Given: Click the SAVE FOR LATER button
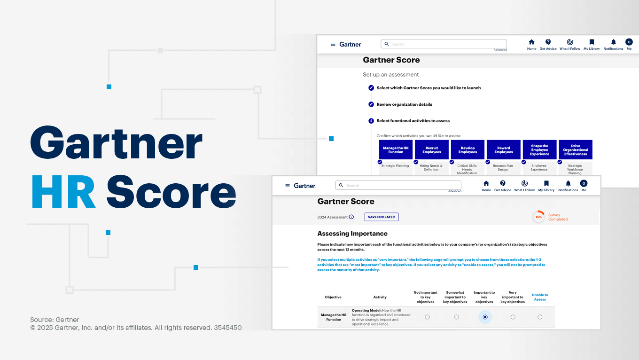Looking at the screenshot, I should (382, 217).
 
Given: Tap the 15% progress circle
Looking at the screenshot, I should (538, 217).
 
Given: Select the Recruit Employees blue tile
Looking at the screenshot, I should (432, 150).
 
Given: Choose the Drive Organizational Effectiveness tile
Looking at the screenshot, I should (576, 150).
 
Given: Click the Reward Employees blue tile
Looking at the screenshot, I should (504, 150).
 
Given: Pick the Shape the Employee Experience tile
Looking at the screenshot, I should (539, 150).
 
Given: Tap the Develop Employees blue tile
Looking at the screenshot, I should (468, 150).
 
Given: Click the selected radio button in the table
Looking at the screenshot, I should (485, 317).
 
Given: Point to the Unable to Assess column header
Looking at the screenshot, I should (540, 297).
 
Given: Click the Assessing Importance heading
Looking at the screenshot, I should (352, 234).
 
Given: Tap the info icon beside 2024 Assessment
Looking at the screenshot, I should (351, 217).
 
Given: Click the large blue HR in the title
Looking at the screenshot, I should (64, 193).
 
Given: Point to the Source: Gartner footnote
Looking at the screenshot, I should (55, 320).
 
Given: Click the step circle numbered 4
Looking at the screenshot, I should (371, 121).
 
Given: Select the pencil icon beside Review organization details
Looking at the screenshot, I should (371, 104).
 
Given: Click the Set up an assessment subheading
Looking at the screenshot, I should (390, 75).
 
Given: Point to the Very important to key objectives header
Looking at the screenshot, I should (513, 297).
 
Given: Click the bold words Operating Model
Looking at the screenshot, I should (366, 311).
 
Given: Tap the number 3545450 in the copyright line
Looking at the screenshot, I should (228, 328).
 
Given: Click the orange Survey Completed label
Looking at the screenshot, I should (558, 217).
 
